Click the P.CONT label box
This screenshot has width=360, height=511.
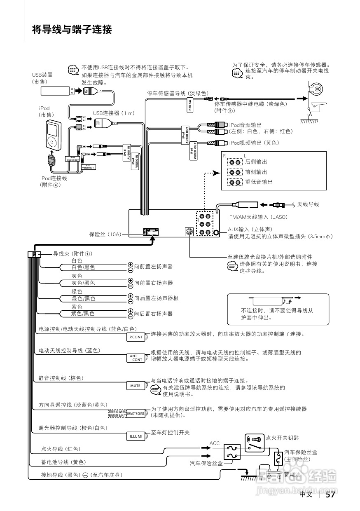(x=136, y=337)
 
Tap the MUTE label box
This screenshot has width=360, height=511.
(x=136, y=386)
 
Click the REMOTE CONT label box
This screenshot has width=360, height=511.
(x=136, y=413)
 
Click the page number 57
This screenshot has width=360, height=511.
(x=330, y=495)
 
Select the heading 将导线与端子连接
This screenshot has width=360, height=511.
(x=72, y=30)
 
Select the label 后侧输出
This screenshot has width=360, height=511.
(x=256, y=162)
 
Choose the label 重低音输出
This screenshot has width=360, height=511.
(x=259, y=182)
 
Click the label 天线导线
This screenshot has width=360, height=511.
(x=308, y=204)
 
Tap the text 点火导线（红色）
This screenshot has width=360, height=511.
(x=61, y=449)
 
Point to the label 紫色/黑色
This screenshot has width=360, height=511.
(x=83, y=314)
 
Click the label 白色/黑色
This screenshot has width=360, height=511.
(x=83, y=267)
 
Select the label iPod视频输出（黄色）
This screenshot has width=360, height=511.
(x=254, y=143)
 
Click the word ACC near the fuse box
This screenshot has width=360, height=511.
(x=215, y=443)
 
